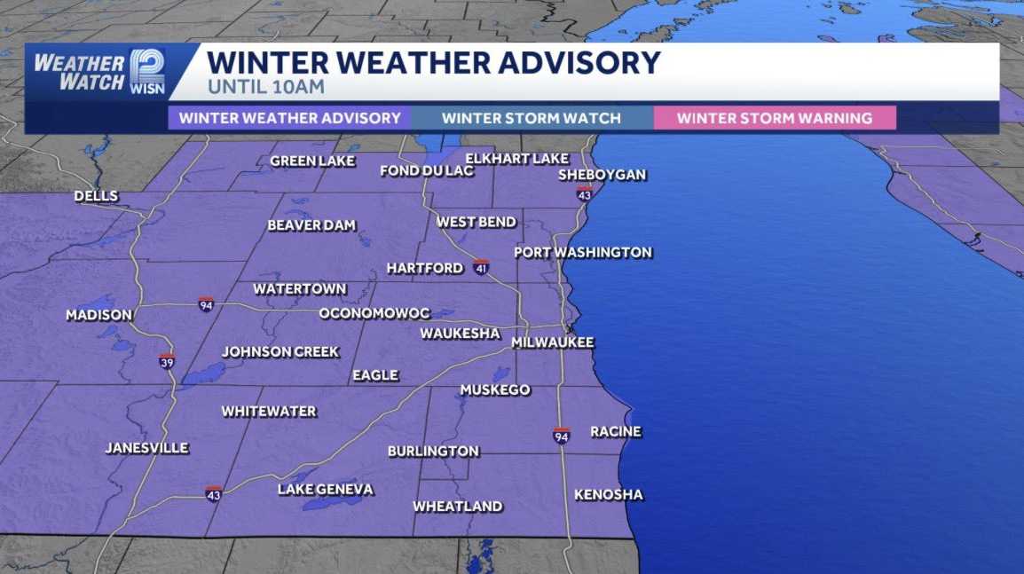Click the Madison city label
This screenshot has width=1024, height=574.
tap(98, 315)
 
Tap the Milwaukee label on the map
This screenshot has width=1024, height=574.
tap(552, 342)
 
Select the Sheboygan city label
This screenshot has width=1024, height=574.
tap(602, 175)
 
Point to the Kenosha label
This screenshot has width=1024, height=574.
tap(608, 494)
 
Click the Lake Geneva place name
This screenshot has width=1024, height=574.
tap(325, 490)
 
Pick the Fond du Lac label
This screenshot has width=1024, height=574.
tap(427, 170)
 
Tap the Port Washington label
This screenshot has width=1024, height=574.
tap(583, 252)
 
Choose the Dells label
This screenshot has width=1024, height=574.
tap(96, 196)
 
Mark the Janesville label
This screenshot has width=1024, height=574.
tap(146, 448)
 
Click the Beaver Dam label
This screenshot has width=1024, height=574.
tap(311, 225)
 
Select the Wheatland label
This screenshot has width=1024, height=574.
tap(458, 507)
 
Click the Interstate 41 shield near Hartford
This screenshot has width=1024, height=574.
tap(481, 265)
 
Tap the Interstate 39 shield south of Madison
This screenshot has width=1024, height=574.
tap(167, 361)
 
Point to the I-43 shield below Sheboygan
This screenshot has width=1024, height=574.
tap(583, 193)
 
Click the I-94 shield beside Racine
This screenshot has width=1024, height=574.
tap(561, 435)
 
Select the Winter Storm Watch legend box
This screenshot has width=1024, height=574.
tap(531, 118)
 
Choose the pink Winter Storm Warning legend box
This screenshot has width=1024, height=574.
tap(774, 118)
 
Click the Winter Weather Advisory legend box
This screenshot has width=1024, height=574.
tap(289, 118)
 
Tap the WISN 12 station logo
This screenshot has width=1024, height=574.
tap(146, 71)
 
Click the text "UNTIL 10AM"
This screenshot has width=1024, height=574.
tap(265, 88)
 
